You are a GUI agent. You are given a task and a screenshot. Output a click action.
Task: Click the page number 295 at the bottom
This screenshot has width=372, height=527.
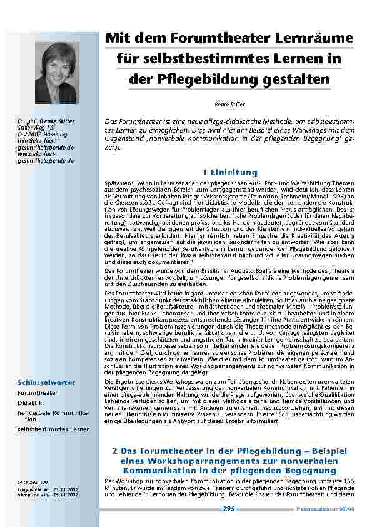click(228, 509)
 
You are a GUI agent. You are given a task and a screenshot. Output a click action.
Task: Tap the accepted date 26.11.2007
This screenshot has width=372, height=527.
click(65, 494)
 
